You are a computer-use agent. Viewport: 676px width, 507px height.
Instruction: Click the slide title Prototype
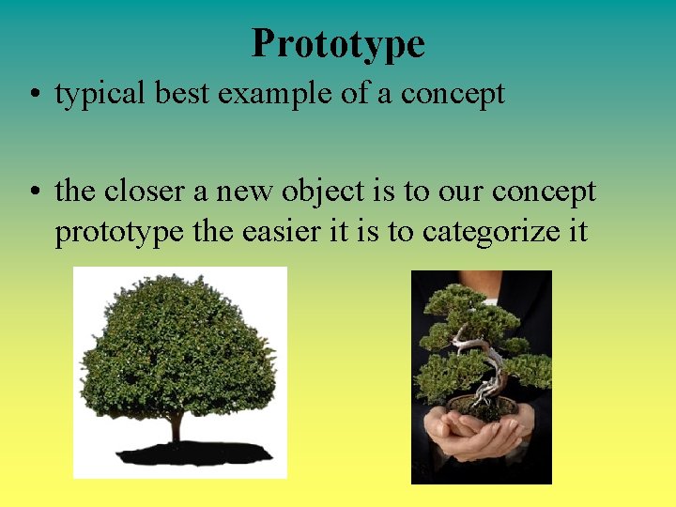point(338,43)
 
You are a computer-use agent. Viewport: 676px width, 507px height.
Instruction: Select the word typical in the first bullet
point(99,94)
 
